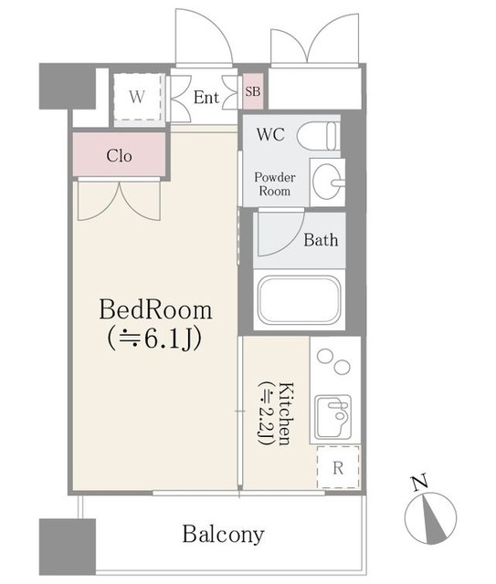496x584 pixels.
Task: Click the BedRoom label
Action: tap(155, 310)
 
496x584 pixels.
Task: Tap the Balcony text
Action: tap(224, 535)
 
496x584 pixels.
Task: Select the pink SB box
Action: tap(253, 91)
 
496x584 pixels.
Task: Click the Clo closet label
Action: tap(119, 156)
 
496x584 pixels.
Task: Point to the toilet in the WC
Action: tap(318, 135)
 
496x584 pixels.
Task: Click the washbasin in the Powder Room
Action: tap(327, 182)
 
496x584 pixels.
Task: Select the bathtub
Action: tap(300, 300)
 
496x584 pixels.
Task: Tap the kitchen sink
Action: tap(332, 417)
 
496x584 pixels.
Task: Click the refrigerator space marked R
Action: tap(338, 467)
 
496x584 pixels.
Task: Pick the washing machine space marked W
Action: tap(137, 97)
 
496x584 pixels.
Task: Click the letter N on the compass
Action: tap(420, 483)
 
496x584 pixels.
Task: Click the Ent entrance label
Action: tap(206, 98)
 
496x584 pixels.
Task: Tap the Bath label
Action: tap(321, 240)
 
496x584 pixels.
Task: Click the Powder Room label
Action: tap(275, 184)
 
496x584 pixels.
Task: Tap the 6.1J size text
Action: tap(154, 339)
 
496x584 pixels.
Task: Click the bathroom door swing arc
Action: tap(291, 244)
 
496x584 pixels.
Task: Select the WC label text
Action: tap(270, 134)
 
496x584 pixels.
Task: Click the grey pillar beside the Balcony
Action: tap(68, 547)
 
